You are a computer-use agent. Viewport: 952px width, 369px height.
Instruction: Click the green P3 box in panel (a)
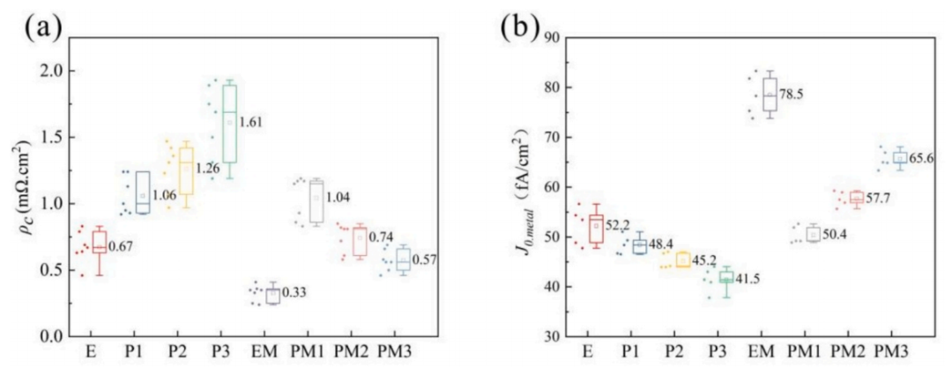[x=229, y=124]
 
